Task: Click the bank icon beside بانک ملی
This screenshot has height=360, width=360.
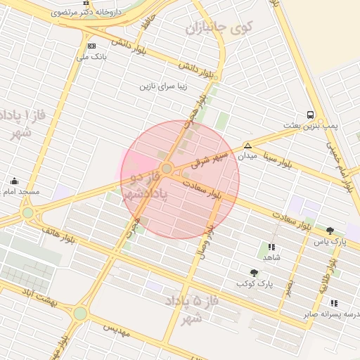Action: coord(91,46)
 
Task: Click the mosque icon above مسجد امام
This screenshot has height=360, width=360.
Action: coord(14,181)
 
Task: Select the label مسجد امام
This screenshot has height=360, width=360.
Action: coord(20,191)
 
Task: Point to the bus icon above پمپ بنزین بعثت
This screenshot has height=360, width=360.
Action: coord(310,115)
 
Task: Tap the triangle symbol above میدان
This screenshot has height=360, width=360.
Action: coord(247,146)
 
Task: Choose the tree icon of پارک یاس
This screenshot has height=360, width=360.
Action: coord(330,231)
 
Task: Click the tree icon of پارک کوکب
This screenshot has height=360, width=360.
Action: coord(254,272)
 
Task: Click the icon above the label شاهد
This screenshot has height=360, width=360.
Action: coord(271,247)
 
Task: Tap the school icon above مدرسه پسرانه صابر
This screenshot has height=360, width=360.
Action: coord(333,303)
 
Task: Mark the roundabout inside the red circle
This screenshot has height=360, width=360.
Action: coord(167,169)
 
